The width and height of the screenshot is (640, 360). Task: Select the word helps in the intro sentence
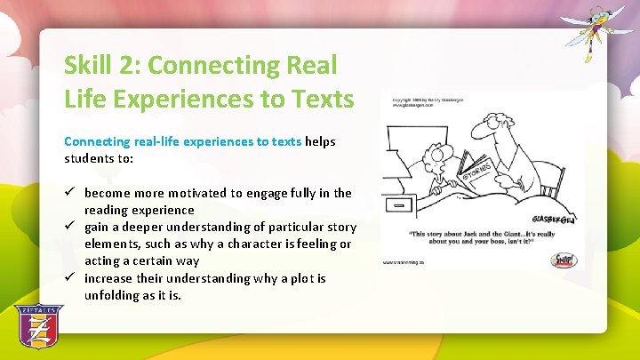[321, 141]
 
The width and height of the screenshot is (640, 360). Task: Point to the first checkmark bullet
[70, 193]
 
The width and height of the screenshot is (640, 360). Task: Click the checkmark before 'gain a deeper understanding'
[70, 227]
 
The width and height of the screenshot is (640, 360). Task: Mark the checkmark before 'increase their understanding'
[70, 278]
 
